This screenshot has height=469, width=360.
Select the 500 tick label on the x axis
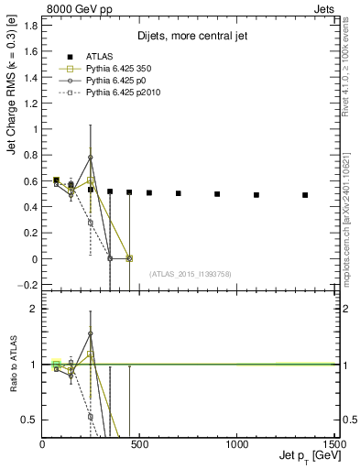point(139,445)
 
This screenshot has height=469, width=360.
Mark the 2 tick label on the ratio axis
point(34,309)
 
